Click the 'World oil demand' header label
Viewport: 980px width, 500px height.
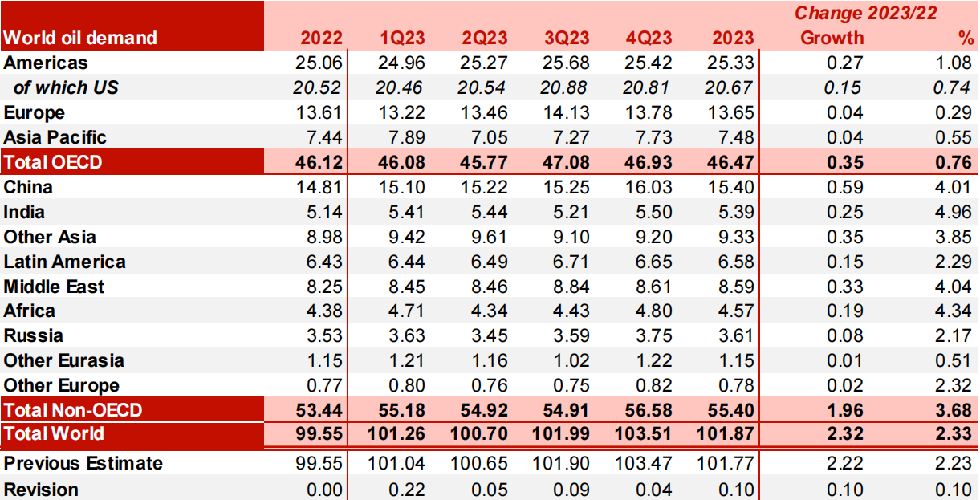[80, 38]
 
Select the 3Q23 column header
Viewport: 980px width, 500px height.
[567, 38]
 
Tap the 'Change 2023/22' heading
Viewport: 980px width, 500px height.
[865, 13]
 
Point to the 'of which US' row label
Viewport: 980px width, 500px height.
[66, 87]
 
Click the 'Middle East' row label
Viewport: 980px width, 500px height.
[54, 287]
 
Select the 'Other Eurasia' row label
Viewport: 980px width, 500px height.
[64, 360]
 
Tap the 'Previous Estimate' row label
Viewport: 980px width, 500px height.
[83, 463]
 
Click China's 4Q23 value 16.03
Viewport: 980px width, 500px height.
[649, 187]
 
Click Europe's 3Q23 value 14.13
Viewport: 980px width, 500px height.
[567, 112]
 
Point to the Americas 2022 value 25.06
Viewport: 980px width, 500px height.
[321, 63]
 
